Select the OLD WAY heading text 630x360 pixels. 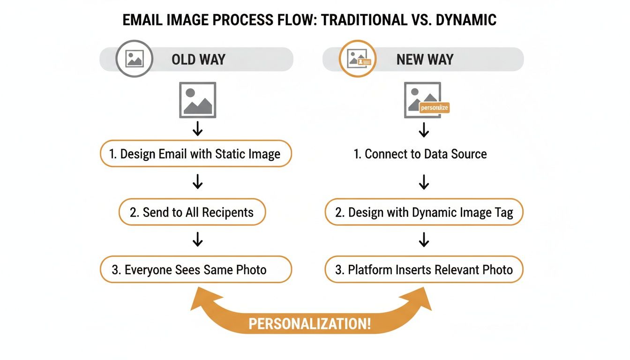[198, 60]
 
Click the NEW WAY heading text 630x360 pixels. [425, 60]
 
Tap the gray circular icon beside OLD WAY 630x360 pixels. [134, 59]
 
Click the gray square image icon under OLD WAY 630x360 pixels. [197, 100]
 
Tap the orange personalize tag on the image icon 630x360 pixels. [434, 108]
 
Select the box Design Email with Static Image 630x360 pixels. [195, 154]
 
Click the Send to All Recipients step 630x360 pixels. [192, 212]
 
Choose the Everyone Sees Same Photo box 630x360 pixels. [195, 270]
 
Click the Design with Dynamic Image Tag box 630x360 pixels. [424, 212]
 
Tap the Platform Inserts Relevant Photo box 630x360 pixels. [424, 270]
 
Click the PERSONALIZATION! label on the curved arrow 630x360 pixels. [309, 324]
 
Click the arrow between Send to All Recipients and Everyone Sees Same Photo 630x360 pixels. [197, 240]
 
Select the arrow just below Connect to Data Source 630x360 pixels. [424, 182]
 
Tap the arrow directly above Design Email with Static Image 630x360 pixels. [197, 128]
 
